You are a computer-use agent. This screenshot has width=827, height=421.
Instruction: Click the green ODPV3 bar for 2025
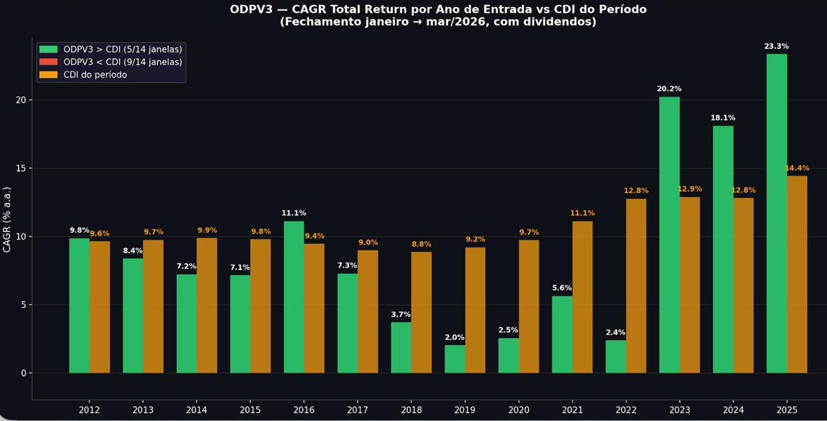tap(777, 214)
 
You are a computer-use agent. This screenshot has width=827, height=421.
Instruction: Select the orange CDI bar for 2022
tap(636, 286)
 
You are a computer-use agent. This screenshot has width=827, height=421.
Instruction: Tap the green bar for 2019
tap(455, 359)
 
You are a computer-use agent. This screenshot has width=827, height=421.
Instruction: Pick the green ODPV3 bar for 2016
tap(294, 297)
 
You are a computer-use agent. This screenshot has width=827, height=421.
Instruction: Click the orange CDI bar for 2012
tap(99, 307)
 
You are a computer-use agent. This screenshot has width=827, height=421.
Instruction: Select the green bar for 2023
tap(669, 235)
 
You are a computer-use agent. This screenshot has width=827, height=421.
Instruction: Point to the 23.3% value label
tap(776, 46)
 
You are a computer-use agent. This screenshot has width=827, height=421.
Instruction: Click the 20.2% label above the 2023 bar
tap(668, 89)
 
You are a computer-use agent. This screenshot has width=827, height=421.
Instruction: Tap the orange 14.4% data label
tap(797, 168)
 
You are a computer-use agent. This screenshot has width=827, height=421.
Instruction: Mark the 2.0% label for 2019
tap(454, 338)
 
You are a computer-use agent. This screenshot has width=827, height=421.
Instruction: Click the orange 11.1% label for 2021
tap(582, 214)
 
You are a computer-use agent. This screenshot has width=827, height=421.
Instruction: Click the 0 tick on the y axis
tap(23, 373)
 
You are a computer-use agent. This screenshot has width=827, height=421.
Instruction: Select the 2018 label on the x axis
tap(411, 410)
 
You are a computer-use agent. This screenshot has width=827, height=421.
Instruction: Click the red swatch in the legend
tap(49, 62)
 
